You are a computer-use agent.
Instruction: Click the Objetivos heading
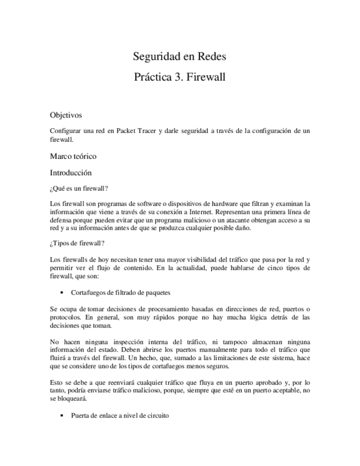[65, 115]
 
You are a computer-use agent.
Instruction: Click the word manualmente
[219, 349]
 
